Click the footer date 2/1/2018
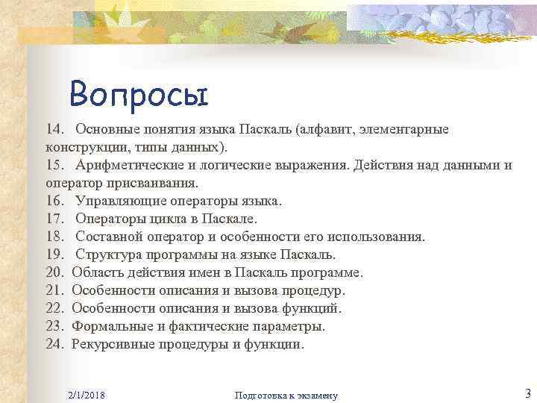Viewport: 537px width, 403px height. pyautogui.click(x=85, y=394)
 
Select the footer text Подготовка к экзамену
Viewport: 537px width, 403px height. pyautogui.click(x=286, y=394)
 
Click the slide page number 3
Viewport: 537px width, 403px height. pyautogui.click(x=527, y=393)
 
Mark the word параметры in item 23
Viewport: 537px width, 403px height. pyautogui.click(x=290, y=327)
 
